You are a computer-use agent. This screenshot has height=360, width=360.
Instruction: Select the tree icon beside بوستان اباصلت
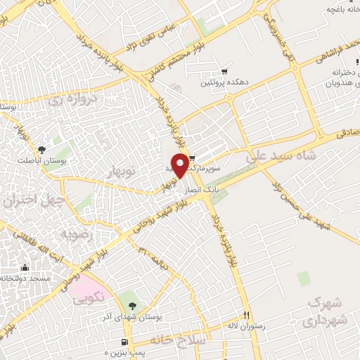coord(42,150)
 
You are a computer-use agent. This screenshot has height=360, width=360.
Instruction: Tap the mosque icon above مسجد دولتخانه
coord(25,267)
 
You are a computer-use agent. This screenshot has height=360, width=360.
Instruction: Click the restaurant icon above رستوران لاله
coord(246,315)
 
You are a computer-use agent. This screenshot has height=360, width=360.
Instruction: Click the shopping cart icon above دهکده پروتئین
coord(224,71)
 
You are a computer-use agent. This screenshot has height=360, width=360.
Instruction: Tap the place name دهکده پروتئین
coord(224,83)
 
